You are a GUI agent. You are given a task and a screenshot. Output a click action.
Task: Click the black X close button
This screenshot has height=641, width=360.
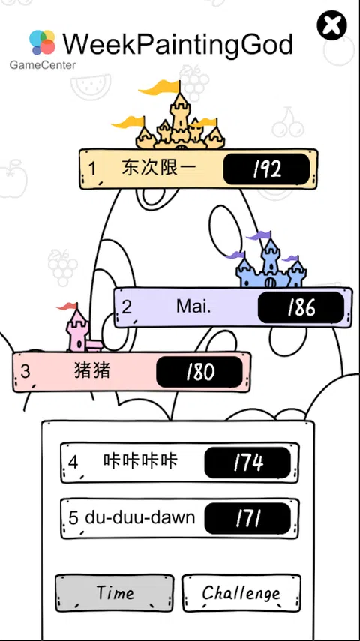point(331,25)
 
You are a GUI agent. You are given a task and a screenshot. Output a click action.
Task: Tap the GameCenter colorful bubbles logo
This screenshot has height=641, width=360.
point(42,42)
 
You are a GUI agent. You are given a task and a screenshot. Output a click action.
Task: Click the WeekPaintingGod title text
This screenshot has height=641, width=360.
point(178,44)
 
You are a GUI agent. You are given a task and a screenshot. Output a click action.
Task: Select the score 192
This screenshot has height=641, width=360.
point(267,169)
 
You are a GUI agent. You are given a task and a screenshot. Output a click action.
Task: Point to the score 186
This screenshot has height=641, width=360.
point(301,307)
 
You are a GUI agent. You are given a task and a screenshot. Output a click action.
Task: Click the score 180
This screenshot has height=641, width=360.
point(199,372)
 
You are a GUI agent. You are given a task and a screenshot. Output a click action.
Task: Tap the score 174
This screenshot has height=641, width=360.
point(248,463)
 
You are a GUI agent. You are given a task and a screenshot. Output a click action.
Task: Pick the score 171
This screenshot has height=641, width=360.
point(248,518)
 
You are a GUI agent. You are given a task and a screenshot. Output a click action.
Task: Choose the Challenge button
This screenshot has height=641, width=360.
point(241,593)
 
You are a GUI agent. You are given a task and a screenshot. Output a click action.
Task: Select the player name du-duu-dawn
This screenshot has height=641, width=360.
point(140,518)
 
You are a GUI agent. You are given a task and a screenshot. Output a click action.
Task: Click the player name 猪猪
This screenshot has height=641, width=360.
point(92,370)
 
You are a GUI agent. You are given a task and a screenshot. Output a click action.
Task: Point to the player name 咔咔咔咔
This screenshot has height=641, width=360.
point(140,461)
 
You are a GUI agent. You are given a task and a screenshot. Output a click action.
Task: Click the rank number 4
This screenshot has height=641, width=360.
point(73,463)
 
